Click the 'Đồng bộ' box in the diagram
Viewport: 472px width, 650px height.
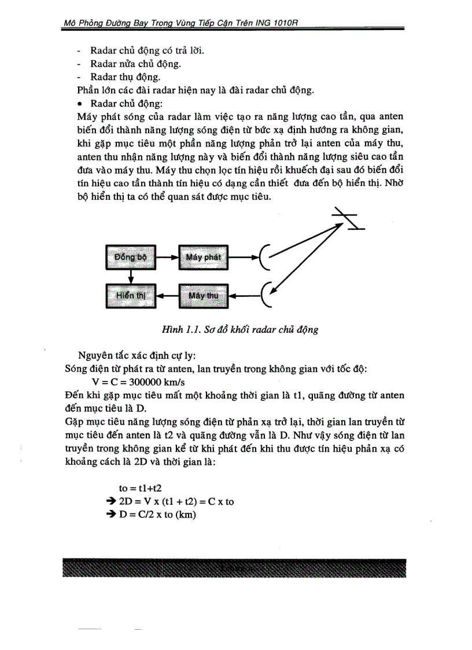point(130,256)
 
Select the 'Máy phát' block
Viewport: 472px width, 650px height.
point(204,256)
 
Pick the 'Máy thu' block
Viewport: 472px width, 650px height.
point(204,295)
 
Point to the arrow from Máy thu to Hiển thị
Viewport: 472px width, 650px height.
point(167,295)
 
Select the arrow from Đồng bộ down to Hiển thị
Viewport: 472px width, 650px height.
point(130,276)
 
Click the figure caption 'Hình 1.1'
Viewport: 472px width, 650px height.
point(239,330)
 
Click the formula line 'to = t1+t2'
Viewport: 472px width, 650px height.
point(140,489)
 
